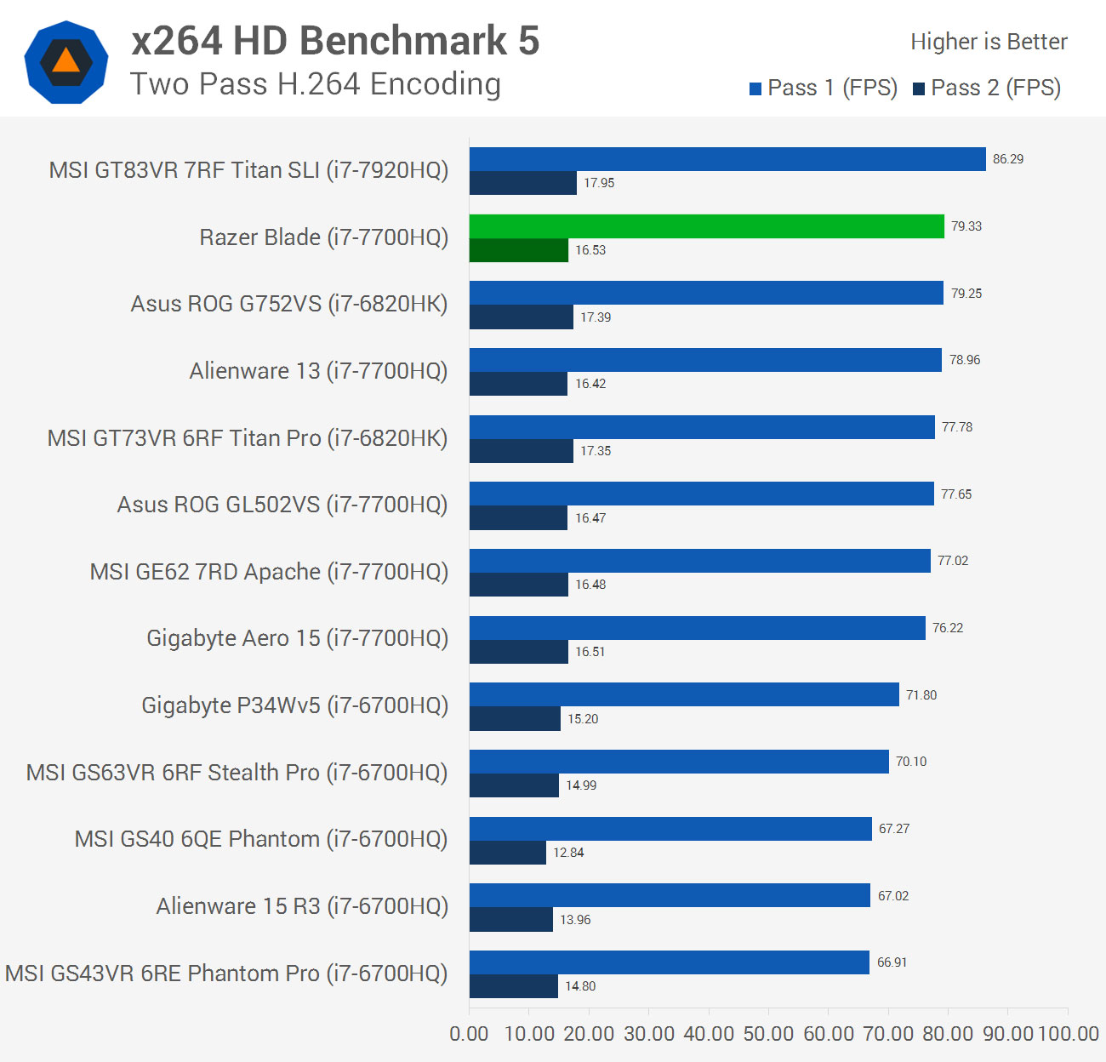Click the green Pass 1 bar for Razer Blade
706,226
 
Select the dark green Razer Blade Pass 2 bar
518,250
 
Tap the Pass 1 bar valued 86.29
727,159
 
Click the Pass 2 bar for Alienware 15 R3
510,920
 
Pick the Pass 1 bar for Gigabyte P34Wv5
684,695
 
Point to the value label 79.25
966,294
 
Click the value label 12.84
568,853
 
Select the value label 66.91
892,962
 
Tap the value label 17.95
599,183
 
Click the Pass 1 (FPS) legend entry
824,88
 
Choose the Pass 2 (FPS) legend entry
987,88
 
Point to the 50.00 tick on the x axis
768,1034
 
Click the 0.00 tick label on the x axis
469,1034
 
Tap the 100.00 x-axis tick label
1069,1034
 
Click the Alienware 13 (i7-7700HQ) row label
318,371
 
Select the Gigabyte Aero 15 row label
297,638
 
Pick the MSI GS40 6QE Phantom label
260,839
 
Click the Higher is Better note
989,42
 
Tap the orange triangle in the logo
66,61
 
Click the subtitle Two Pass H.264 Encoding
316,84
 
